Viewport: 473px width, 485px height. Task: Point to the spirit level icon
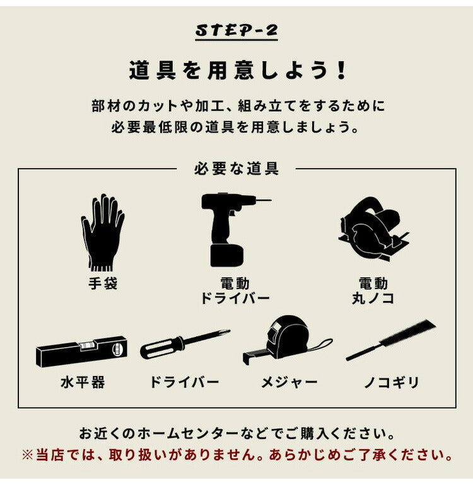pos(81,351)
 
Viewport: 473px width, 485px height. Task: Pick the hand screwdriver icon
pos(184,343)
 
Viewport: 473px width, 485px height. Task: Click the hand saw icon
pos(392,340)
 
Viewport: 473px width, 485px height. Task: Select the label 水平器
pos(82,382)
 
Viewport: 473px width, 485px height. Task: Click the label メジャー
pos(289,382)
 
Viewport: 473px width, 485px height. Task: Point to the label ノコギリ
pos(391,382)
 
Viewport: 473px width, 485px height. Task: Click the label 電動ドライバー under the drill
pos(235,290)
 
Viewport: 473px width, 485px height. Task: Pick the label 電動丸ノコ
pos(373,290)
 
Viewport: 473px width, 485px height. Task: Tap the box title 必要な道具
pos(236,168)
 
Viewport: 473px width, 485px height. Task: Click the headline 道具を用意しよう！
pos(237,71)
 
